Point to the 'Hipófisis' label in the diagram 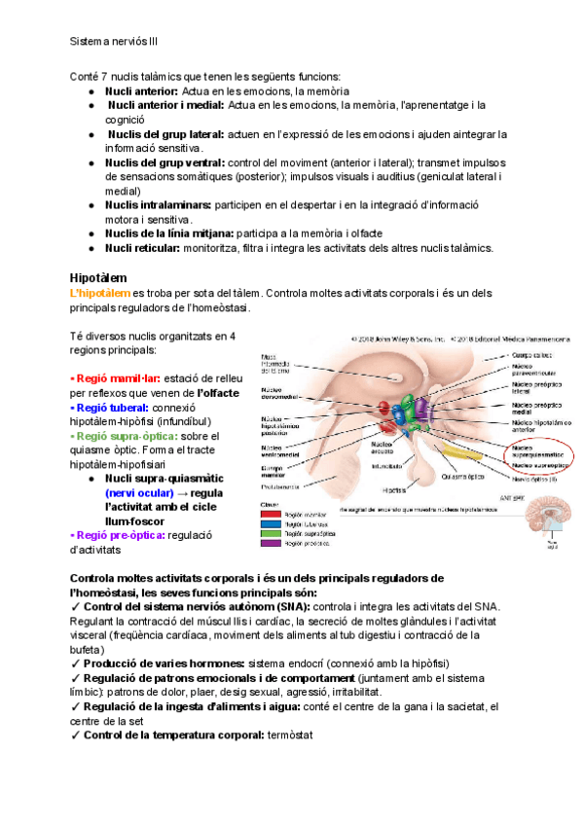[x=394, y=489]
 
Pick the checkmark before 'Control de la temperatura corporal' [x=76, y=735]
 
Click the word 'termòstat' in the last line [x=289, y=735]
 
